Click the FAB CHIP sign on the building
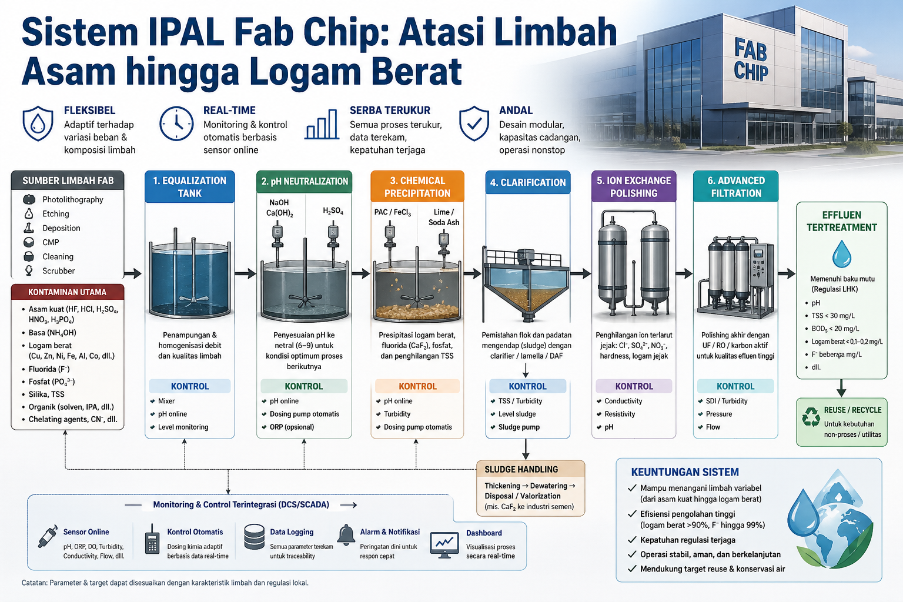point(751,60)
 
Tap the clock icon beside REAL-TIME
point(176,123)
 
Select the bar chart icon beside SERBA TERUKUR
point(322,124)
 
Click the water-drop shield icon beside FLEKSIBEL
point(38,123)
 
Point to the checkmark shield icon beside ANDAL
point(474,123)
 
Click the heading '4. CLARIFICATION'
point(528,182)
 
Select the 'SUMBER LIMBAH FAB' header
point(68,180)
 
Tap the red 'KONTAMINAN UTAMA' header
point(68,292)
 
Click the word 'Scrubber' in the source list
point(58,271)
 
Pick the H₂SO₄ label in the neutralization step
point(333,210)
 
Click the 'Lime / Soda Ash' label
point(443,217)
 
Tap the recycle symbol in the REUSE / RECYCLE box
point(811,417)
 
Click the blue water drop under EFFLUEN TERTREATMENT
point(842,254)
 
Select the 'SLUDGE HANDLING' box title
point(521,469)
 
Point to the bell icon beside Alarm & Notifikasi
point(346,536)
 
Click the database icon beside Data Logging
point(255,537)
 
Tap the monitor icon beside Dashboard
point(444,545)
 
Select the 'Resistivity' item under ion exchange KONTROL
point(620,414)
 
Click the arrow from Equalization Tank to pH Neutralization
point(245,274)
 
